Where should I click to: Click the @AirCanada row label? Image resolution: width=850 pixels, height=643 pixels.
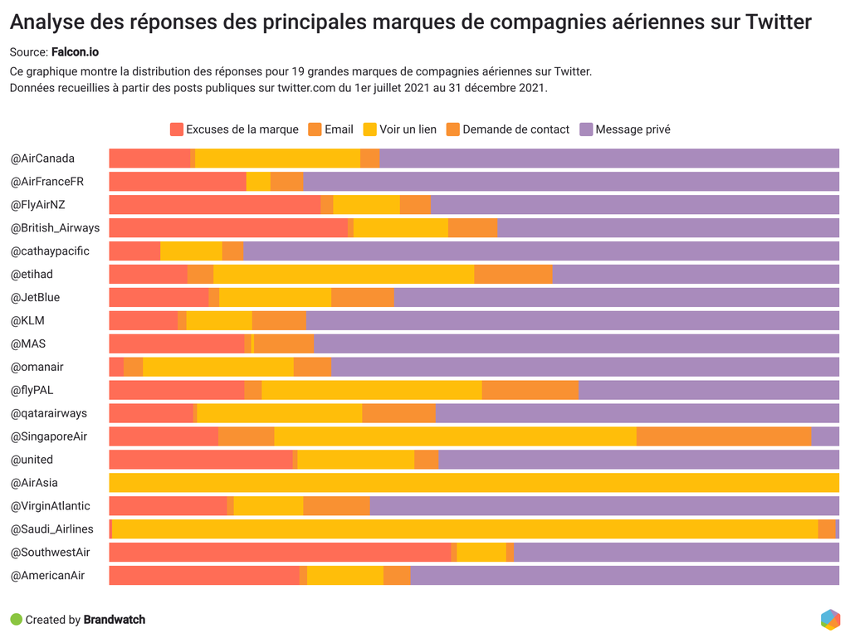[42, 158]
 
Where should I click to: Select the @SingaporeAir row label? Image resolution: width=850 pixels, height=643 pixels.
[48, 436]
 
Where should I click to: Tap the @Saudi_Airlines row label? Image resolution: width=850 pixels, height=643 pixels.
[51, 529]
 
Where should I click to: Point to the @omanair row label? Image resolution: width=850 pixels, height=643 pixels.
[37, 367]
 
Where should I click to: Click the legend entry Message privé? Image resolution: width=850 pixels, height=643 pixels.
[633, 129]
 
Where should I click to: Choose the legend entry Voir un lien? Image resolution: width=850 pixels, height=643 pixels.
[408, 129]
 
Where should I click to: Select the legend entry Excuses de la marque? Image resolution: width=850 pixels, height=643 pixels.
[242, 129]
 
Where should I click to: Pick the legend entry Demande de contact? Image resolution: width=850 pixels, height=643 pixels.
[515, 129]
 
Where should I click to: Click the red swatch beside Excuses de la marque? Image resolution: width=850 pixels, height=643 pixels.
[177, 129]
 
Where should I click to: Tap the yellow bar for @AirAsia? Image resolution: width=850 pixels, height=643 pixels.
[473, 483]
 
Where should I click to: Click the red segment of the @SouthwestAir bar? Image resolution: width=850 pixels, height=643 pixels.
[280, 553]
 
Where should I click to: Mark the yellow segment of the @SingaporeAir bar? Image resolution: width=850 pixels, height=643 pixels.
[455, 436]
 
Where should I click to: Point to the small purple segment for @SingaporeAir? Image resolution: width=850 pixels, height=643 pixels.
[825, 436]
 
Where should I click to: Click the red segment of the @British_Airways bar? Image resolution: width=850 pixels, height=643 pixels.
[228, 228]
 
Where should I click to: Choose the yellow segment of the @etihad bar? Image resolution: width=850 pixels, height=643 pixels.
[344, 275]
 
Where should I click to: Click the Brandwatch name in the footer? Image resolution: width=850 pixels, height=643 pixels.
[115, 620]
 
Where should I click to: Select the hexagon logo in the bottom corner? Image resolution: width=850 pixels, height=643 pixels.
[830, 620]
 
